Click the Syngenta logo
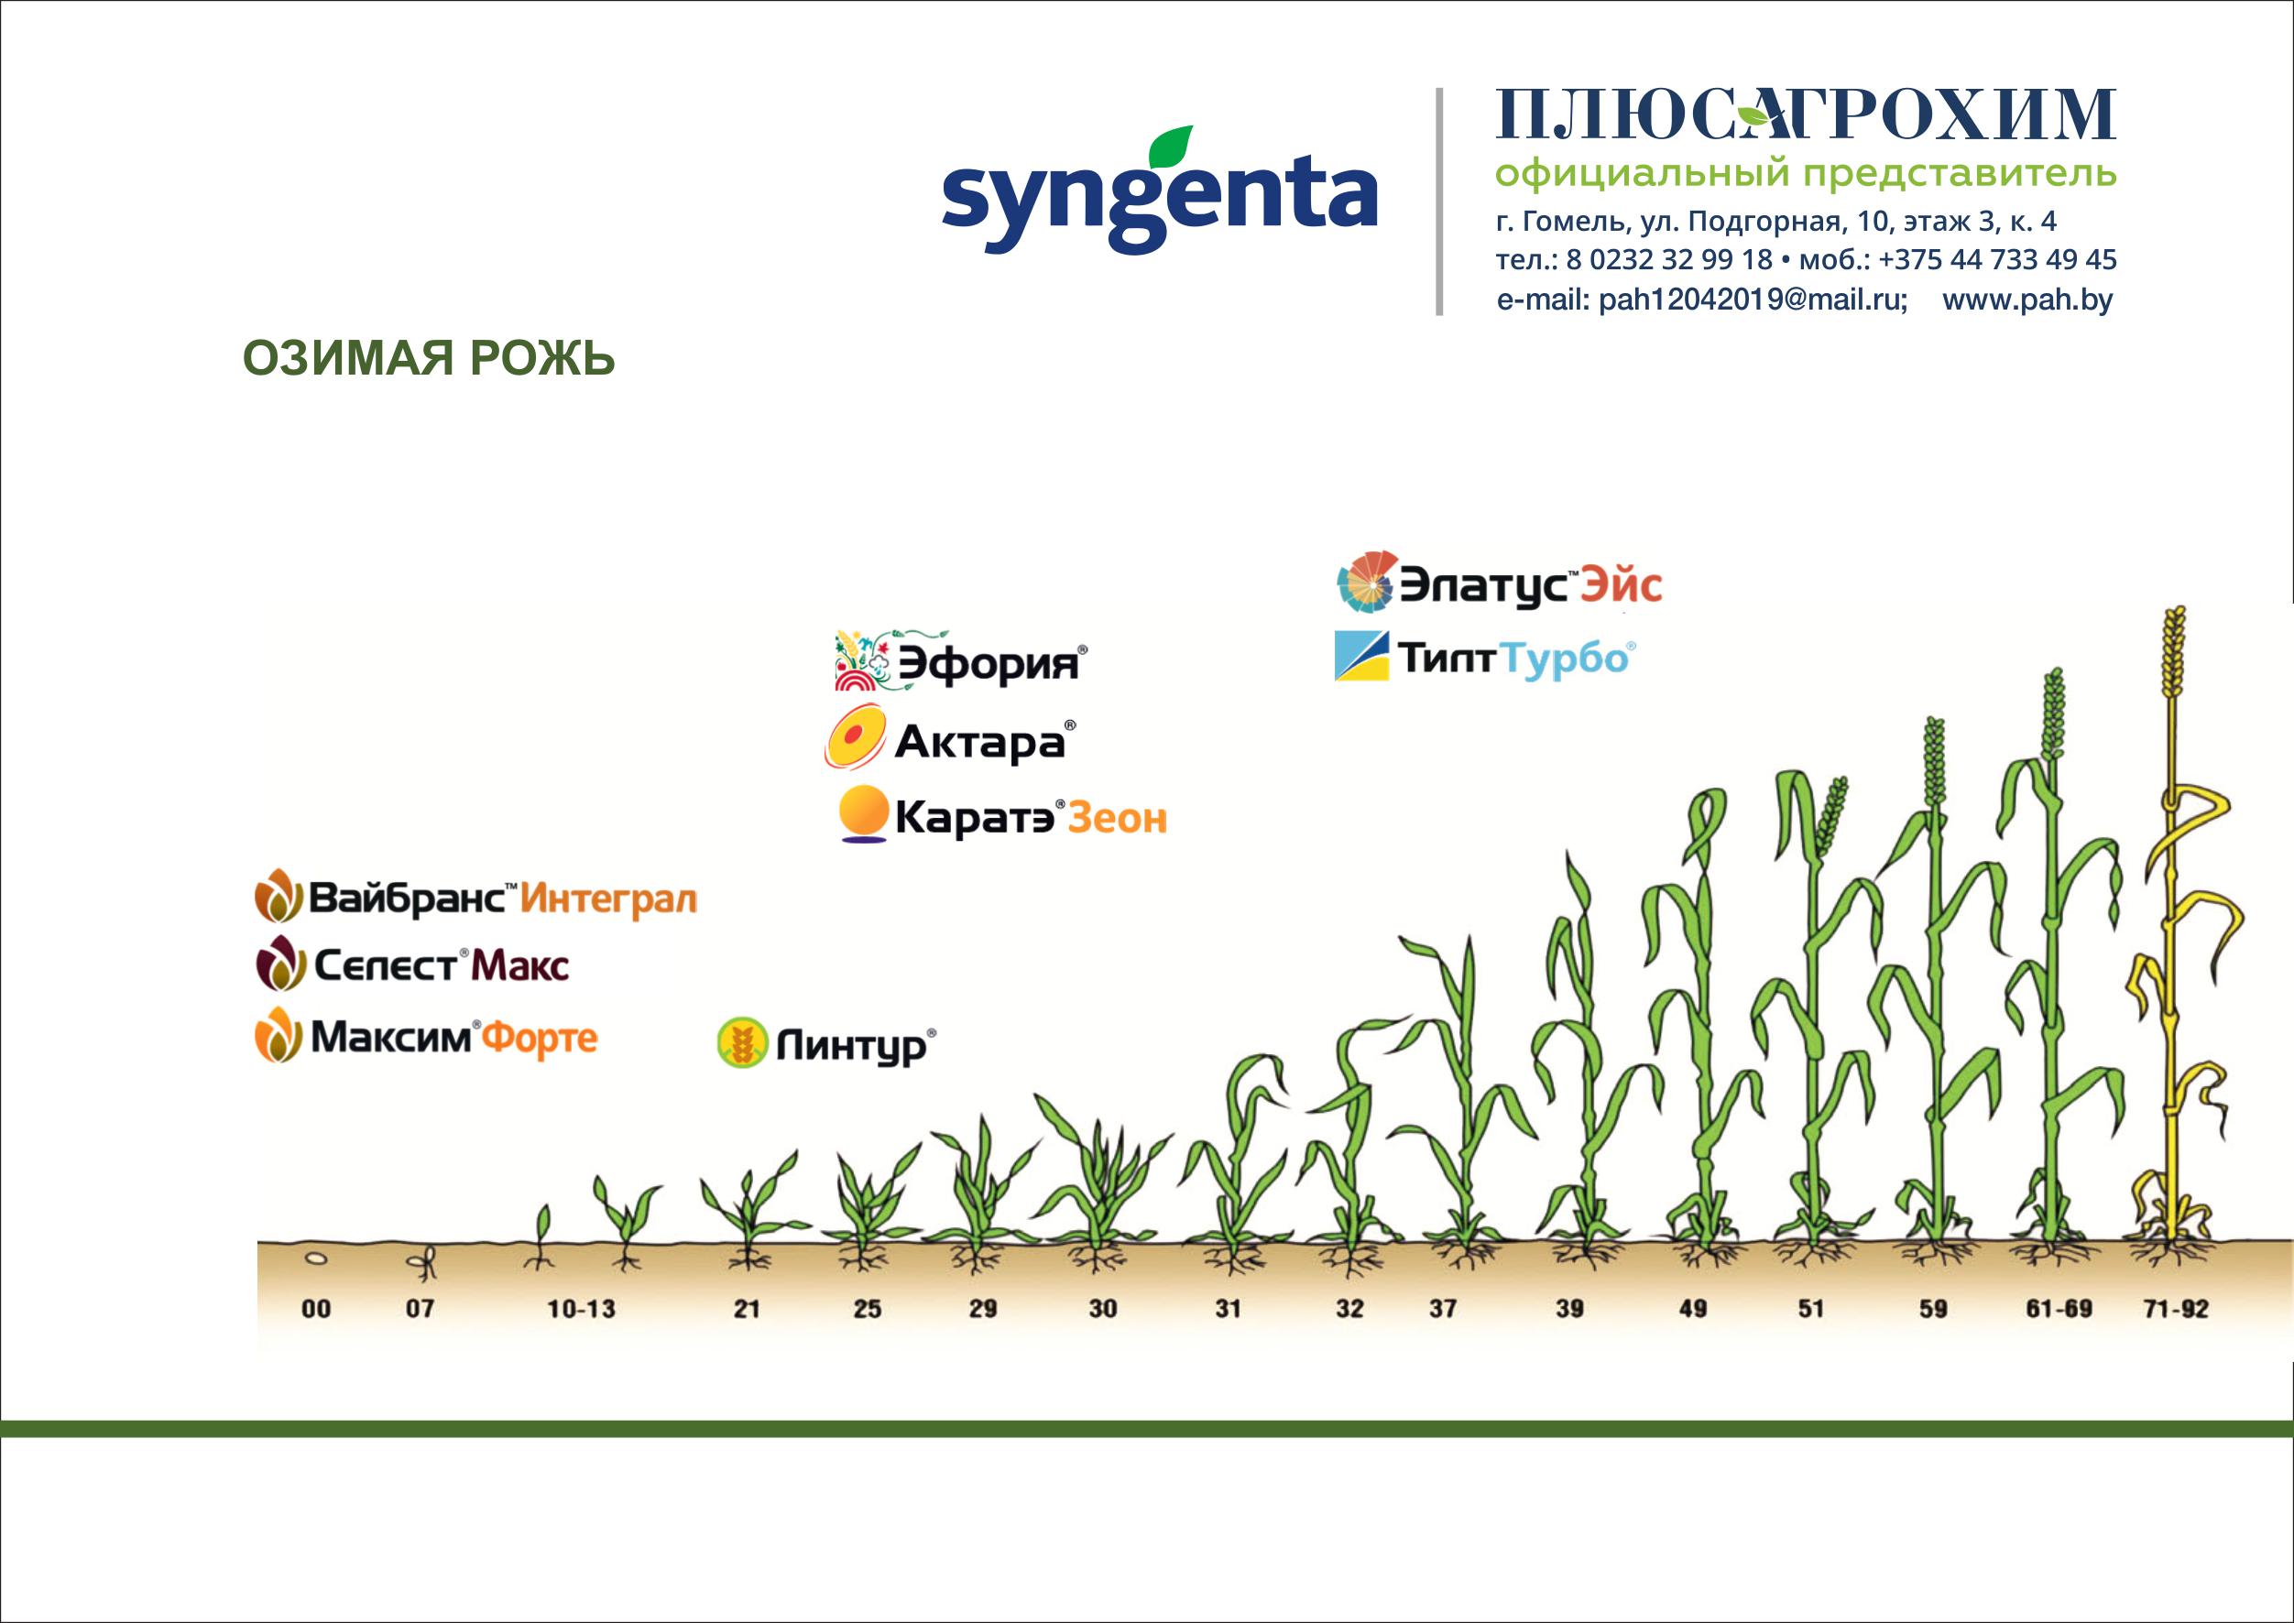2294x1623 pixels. click(x=1159, y=189)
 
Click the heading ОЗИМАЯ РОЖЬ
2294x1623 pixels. click(x=429, y=359)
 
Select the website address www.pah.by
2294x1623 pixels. click(x=2027, y=300)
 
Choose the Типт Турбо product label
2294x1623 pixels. click(x=1485, y=658)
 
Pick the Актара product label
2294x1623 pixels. click(x=950, y=741)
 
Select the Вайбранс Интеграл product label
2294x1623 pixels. click(x=475, y=898)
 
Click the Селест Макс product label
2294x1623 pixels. click(x=413, y=964)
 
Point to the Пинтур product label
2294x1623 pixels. click(x=827, y=1044)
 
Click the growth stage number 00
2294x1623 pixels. click(x=316, y=1308)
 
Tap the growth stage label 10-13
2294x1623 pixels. click(x=581, y=1308)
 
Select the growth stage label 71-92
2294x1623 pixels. click(x=2176, y=1308)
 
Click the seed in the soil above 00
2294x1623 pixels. click(x=316, y=1259)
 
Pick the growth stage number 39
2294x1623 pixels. click(x=1569, y=1308)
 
